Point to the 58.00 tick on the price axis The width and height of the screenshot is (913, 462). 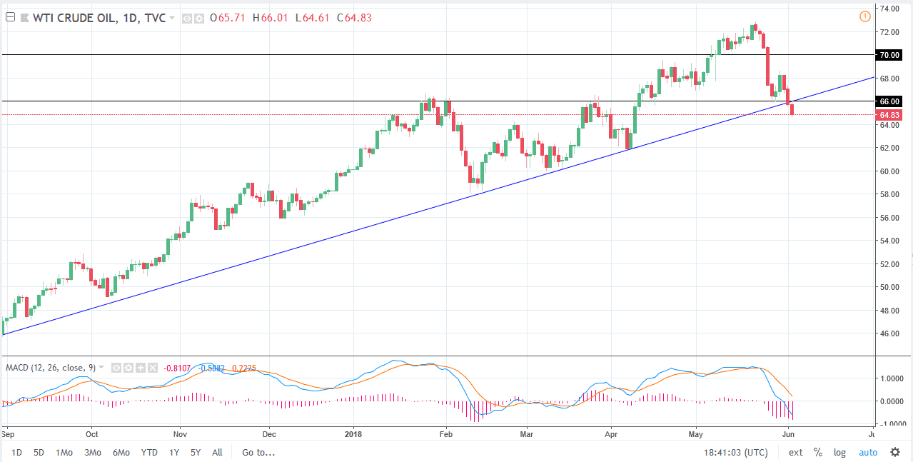pos(889,194)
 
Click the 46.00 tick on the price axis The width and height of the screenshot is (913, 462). pos(889,333)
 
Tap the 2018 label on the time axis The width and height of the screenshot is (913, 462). pos(354,433)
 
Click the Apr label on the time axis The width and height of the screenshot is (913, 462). pos(611,433)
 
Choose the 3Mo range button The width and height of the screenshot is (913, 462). pos(92,452)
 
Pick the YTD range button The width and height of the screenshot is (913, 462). pos(149,452)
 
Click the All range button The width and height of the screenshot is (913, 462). pos(218,452)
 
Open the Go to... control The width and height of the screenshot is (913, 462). pos(258,452)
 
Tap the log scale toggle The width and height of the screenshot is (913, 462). pos(839,452)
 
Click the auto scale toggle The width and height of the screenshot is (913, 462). pos(867,452)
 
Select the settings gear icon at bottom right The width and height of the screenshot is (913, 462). pos(895,452)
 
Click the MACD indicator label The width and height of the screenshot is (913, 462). pos(49,368)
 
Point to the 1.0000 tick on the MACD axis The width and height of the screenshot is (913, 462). pos(890,379)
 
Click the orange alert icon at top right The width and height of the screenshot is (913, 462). pos(865,16)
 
